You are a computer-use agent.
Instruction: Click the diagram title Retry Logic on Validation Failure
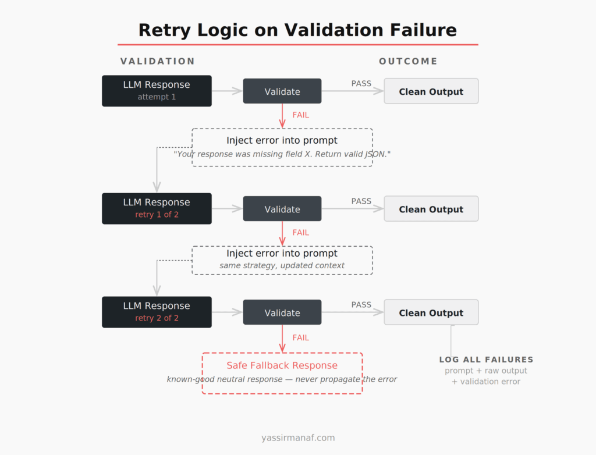click(297, 30)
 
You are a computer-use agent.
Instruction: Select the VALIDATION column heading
click(157, 61)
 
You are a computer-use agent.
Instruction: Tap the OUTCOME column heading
click(408, 61)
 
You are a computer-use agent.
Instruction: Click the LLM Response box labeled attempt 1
click(157, 91)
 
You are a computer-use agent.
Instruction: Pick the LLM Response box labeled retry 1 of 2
click(157, 208)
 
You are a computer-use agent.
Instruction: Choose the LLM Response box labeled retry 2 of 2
click(157, 312)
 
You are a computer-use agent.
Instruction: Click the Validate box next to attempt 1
click(282, 91)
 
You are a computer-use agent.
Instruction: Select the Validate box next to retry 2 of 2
click(282, 312)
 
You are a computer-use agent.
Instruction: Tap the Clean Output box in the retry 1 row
click(431, 209)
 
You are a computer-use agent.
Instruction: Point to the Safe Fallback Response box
click(282, 373)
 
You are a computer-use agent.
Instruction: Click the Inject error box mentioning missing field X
click(282, 147)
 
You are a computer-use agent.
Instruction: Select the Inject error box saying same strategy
click(282, 260)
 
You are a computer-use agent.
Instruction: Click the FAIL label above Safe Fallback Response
click(301, 337)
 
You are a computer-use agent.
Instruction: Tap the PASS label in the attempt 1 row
click(361, 84)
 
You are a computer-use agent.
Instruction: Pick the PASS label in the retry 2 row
click(361, 305)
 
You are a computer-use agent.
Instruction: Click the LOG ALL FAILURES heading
click(486, 360)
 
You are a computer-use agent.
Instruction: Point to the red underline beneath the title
click(297, 44)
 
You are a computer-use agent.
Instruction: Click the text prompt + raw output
click(486, 371)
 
